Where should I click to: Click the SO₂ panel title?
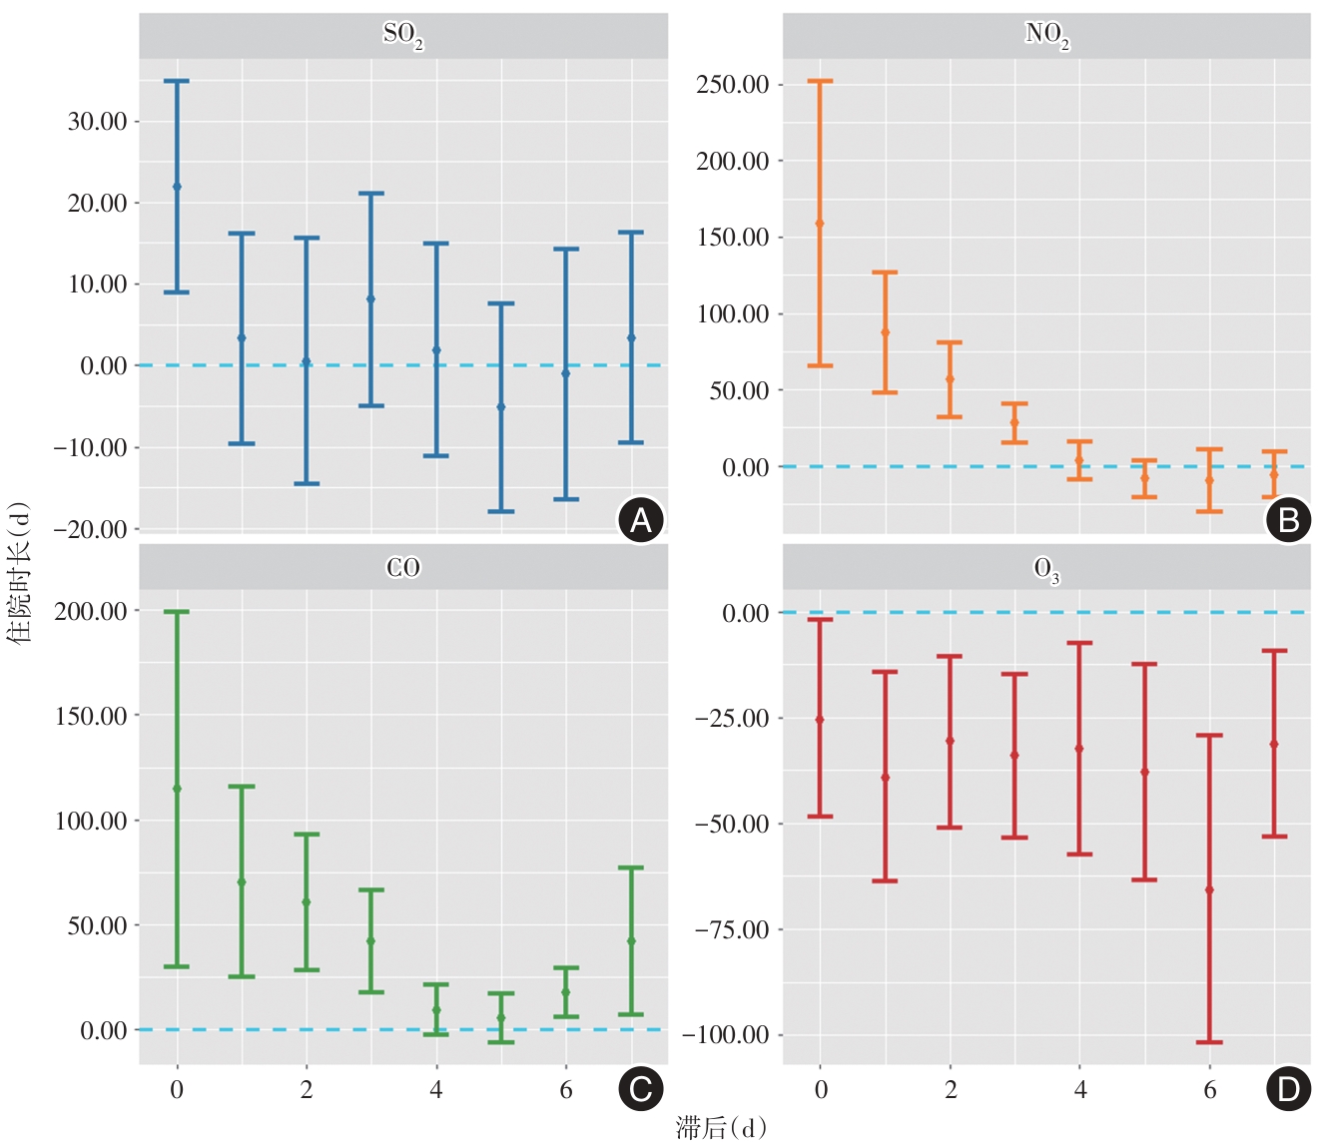coord(403,35)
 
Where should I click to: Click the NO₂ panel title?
coord(1046,35)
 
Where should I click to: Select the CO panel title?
coord(403,567)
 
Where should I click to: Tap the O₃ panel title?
coord(1046,569)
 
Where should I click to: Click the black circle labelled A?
coord(641,519)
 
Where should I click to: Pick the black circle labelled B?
coord(1288,519)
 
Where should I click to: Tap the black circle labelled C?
coord(641,1088)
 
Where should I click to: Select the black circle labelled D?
coord(1288,1088)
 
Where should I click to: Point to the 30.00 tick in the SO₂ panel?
coord(97,122)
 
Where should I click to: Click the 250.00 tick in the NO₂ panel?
coord(733,85)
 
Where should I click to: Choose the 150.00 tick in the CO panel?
coord(91,716)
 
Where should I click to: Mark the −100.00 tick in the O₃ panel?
coord(726,1035)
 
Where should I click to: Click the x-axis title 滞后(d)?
coord(721,1128)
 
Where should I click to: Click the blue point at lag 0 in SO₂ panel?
coord(177,187)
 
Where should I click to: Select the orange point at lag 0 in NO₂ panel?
coord(820,224)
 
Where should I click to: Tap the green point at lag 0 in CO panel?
coord(177,789)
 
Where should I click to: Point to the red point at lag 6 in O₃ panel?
coord(1209,889)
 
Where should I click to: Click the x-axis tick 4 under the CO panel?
coord(436,1090)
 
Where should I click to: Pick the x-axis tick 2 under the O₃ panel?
coord(951,1090)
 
